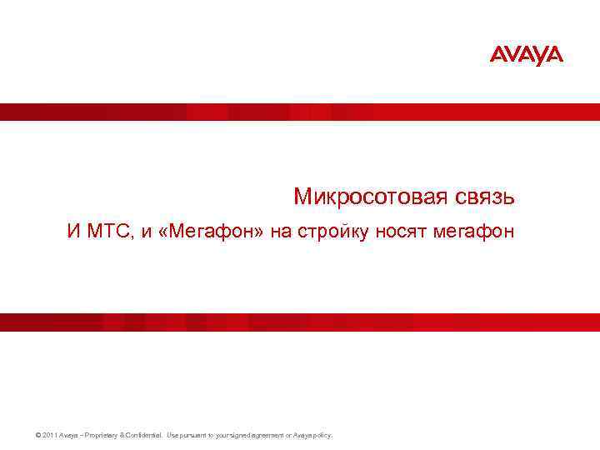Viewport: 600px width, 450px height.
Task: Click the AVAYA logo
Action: (x=526, y=55)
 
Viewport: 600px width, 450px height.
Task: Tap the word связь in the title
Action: (x=486, y=197)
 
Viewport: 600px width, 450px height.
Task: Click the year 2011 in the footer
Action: (x=47, y=435)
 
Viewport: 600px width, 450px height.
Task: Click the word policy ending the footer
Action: (x=322, y=435)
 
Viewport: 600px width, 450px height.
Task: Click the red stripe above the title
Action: (x=300, y=112)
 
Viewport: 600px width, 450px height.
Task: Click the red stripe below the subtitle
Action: (x=300, y=322)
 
